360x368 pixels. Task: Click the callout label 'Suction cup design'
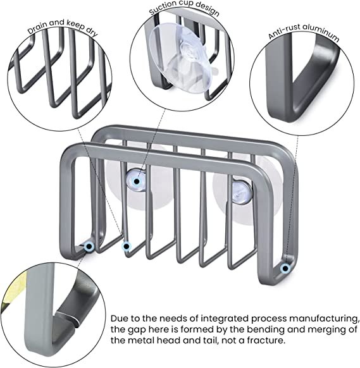coord(184,9)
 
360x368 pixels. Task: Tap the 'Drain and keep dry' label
coord(63,27)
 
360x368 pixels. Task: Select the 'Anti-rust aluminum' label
coord(304,33)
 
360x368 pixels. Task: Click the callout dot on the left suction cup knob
coord(137,181)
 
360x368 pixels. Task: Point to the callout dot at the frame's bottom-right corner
coord(285,268)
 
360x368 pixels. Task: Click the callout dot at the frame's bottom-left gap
coord(89,246)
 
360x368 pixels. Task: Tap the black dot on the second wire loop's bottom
coord(127,247)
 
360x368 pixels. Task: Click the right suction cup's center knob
coord(242,192)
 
